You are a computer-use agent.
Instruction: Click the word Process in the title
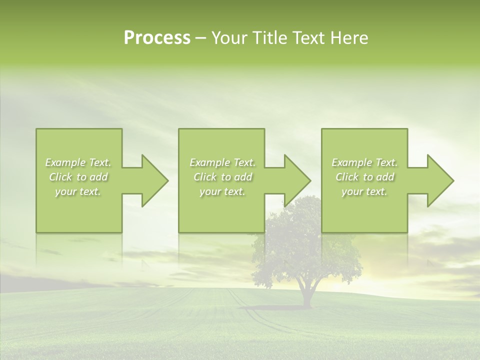(x=157, y=38)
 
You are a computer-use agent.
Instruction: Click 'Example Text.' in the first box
(x=78, y=162)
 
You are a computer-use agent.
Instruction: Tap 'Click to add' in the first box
(x=78, y=177)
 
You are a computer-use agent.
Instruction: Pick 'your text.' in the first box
(x=78, y=191)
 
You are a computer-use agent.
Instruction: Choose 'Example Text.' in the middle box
(x=222, y=162)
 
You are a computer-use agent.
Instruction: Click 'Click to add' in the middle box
(x=222, y=177)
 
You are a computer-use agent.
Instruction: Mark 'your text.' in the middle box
(x=222, y=191)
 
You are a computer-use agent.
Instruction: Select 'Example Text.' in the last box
(x=364, y=162)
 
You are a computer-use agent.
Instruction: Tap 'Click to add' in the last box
(x=364, y=177)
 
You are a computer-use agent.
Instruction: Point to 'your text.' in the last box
(x=364, y=191)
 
